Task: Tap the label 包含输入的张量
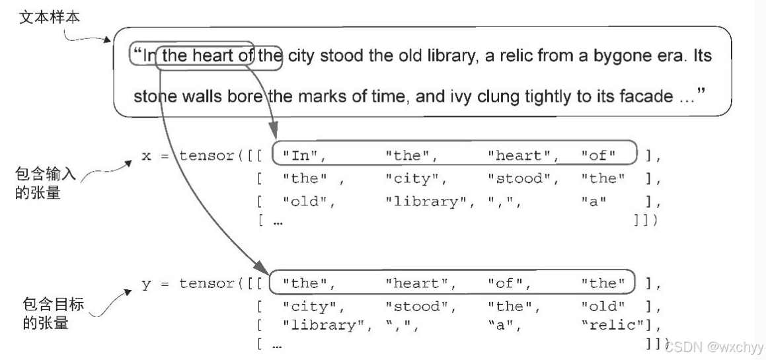click(45, 184)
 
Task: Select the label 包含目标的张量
click(45, 314)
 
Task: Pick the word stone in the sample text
click(153, 96)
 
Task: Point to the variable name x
click(146, 157)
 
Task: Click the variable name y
click(146, 284)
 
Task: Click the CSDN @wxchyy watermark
click(714, 346)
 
